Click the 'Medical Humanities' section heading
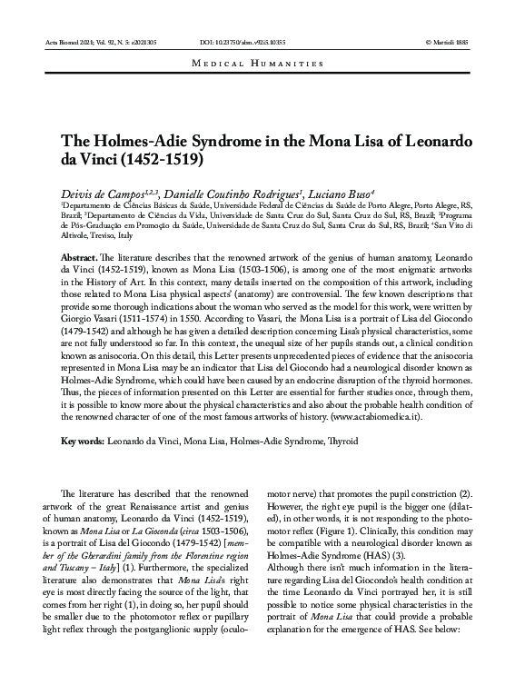(258, 63)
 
